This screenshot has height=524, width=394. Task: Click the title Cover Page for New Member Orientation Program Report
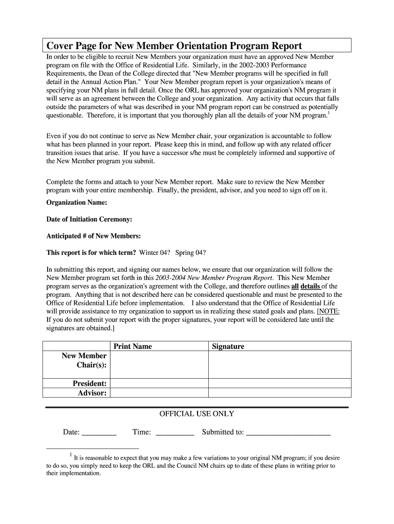pos(174,46)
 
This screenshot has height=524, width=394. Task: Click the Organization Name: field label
pos(77,202)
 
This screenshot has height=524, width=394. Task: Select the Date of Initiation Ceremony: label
pos(89,219)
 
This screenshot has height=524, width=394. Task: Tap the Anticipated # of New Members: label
pos(94,236)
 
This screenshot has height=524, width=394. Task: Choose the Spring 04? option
pos(190,253)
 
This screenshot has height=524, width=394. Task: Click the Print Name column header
pos(133,346)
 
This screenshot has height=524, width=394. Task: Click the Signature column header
pos(228,346)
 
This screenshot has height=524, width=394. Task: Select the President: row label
pos(90,383)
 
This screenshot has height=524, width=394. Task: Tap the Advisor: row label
pos(92,393)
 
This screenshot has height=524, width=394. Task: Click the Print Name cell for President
pos(159,383)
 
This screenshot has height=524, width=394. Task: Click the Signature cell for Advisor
pos(279,393)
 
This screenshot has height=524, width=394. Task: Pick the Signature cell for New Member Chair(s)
pos(279,364)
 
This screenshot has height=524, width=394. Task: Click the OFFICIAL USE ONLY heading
pos(197,414)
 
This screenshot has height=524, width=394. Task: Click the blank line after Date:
pos(99,433)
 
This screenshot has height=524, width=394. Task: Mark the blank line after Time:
pos(174,433)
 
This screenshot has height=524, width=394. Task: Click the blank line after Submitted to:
pos(288,433)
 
